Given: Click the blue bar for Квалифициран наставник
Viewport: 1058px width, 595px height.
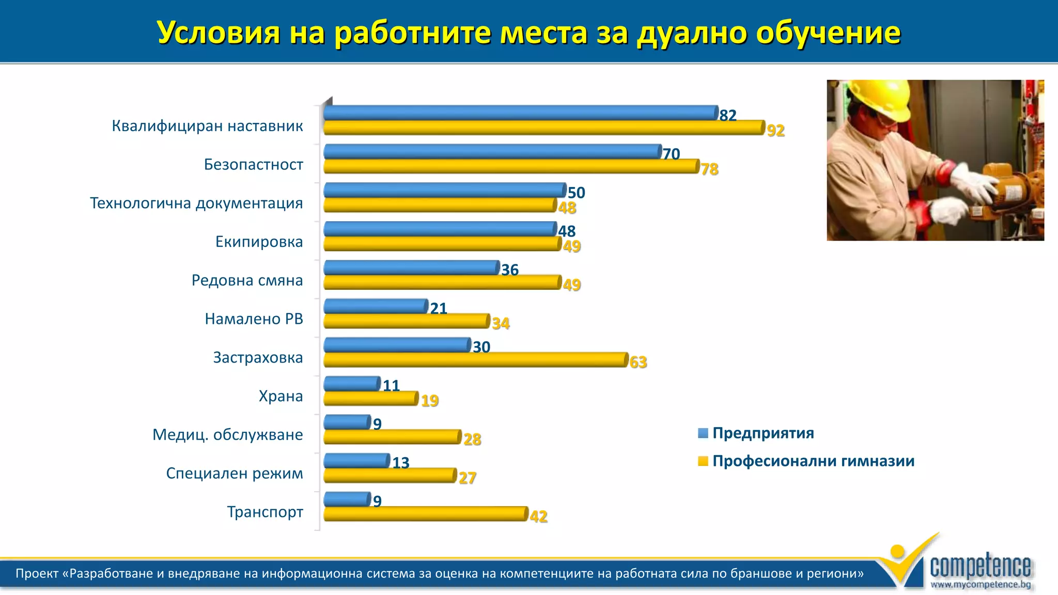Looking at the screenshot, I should [521, 113].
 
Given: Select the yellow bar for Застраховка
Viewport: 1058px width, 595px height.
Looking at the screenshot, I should [475, 360].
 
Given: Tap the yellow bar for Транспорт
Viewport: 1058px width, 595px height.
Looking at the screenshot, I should [426, 514].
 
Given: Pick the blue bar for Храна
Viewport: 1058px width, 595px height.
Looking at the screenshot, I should [352, 384].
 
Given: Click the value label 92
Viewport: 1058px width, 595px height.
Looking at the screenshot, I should [775, 130].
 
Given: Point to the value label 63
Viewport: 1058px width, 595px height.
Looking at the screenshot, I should [638, 362].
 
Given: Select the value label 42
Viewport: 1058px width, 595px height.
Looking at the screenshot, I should [538, 516].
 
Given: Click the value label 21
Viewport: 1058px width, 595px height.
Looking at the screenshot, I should [438, 308].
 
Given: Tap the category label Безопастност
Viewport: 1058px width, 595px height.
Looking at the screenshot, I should [253, 165].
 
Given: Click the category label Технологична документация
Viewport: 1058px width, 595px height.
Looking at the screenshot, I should [196, 203].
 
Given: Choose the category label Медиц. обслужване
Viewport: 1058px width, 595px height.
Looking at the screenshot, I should [227, 435].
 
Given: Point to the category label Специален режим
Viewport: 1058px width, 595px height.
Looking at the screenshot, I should [235, 473].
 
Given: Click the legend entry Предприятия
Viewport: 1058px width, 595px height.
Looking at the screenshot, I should [763, 433].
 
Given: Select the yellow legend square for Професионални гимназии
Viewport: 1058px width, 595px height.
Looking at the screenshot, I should [703, 461].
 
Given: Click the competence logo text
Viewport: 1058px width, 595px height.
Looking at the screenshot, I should [980, 566].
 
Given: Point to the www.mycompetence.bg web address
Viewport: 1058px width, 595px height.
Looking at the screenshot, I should [981, 585].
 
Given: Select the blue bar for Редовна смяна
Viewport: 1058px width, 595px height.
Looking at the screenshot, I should [411, 268].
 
